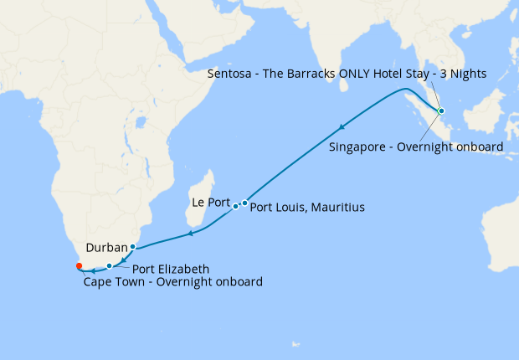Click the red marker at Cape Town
pyautogui.click(x=79, y=265)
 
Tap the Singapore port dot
pyautogui.click(x=441, y=111)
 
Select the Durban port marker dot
pyautogui.click(x=132, y=246)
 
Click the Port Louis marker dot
pyautogui.click(x=244, y=203)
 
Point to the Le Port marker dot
pyautogui.click(x=235, y=206)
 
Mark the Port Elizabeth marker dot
pyautogui.click(x=109, y=266)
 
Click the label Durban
pyautogui.click(x=106, y=248)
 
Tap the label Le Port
pyautogui.click(x=210, y=202)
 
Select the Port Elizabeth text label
pyautogui.click(x=171, y=270)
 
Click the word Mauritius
pyautogui.click(x=338, y=207)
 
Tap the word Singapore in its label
pyautogui.click(x=357, y=147)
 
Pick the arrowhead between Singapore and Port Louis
pyautogui.click(x=342, y=127)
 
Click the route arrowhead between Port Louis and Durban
pyautogui.click(x=190, y=233)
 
